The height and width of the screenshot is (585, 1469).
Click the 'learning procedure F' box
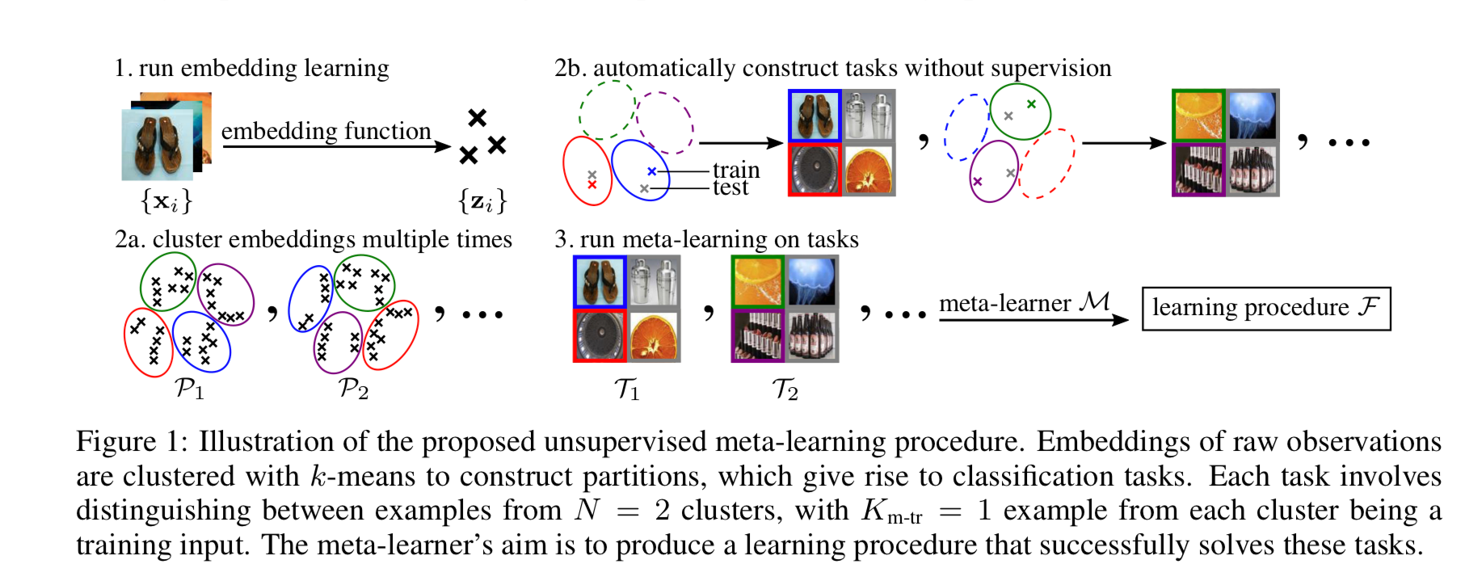tap(1265, 308)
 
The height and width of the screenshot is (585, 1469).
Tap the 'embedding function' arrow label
tap(326, 131)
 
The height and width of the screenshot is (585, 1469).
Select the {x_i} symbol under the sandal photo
tap(166, 200)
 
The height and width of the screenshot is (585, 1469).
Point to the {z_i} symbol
tap(482, 200)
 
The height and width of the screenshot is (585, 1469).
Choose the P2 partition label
tap(353, 389)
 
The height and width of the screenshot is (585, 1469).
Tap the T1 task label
tap(626, 389)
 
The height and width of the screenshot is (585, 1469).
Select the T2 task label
tap(785, 389)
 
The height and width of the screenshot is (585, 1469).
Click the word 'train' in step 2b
tap(735, 170)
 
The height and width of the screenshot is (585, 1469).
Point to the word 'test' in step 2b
tap(730, 188)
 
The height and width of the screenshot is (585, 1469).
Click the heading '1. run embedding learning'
tap(251, 68)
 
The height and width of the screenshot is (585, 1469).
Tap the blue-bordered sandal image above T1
tap(600, 282)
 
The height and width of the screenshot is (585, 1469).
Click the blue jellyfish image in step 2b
tap(1253, 116)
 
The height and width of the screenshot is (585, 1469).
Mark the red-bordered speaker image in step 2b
tap(814, 170)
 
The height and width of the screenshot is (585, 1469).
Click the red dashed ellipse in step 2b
tap(1049, 164)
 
